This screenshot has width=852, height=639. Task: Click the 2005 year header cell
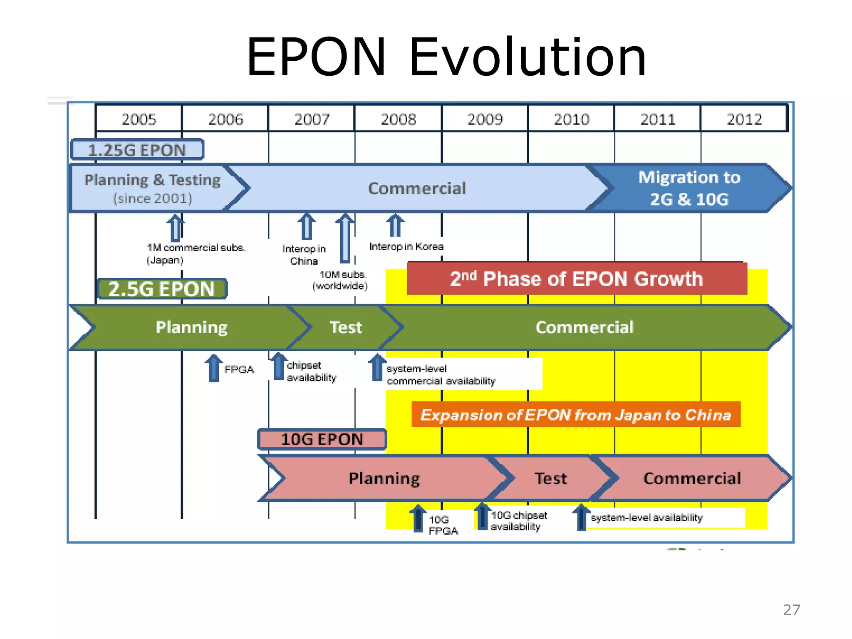[139, 119]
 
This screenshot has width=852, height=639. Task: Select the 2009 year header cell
[485, 119]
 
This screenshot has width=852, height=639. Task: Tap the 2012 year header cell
[744, 119]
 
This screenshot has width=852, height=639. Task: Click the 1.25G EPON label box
[137, 150]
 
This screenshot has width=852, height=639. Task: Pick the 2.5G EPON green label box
[162, 289]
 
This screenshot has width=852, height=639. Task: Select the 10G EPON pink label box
[322, 439]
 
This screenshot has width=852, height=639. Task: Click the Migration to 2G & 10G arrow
[689, 188]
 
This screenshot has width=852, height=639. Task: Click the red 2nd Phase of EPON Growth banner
[577, 279]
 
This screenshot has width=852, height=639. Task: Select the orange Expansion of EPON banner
[576, 415]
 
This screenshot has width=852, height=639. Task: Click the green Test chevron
[346, 327]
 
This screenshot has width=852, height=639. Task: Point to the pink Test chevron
[550, 478]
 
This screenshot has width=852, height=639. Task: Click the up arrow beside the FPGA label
[214, 368]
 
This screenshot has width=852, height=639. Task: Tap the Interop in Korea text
[406, 247]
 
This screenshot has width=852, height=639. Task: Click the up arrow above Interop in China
[307, 227]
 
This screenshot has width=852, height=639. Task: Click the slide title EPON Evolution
[446, 57]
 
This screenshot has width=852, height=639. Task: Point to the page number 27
[791, 609]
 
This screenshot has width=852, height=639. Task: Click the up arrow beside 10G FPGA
[418, 518]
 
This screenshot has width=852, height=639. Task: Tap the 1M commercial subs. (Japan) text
[196, 254]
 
